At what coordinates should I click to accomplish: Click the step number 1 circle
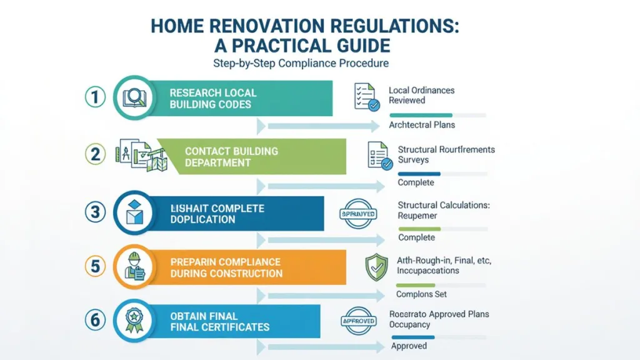[93, 97]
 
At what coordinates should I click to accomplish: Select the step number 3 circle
[95, 212]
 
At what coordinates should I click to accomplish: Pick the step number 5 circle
[95, 267]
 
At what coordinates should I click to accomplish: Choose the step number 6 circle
[94, 320]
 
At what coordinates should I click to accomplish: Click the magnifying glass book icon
[134, 97]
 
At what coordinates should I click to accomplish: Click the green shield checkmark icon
[376, 267]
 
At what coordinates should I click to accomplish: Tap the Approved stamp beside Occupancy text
[359, 321]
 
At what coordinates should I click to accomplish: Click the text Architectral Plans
[422, 125]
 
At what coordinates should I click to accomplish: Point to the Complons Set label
[421, 294]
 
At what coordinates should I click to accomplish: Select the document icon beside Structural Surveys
[377, 154]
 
